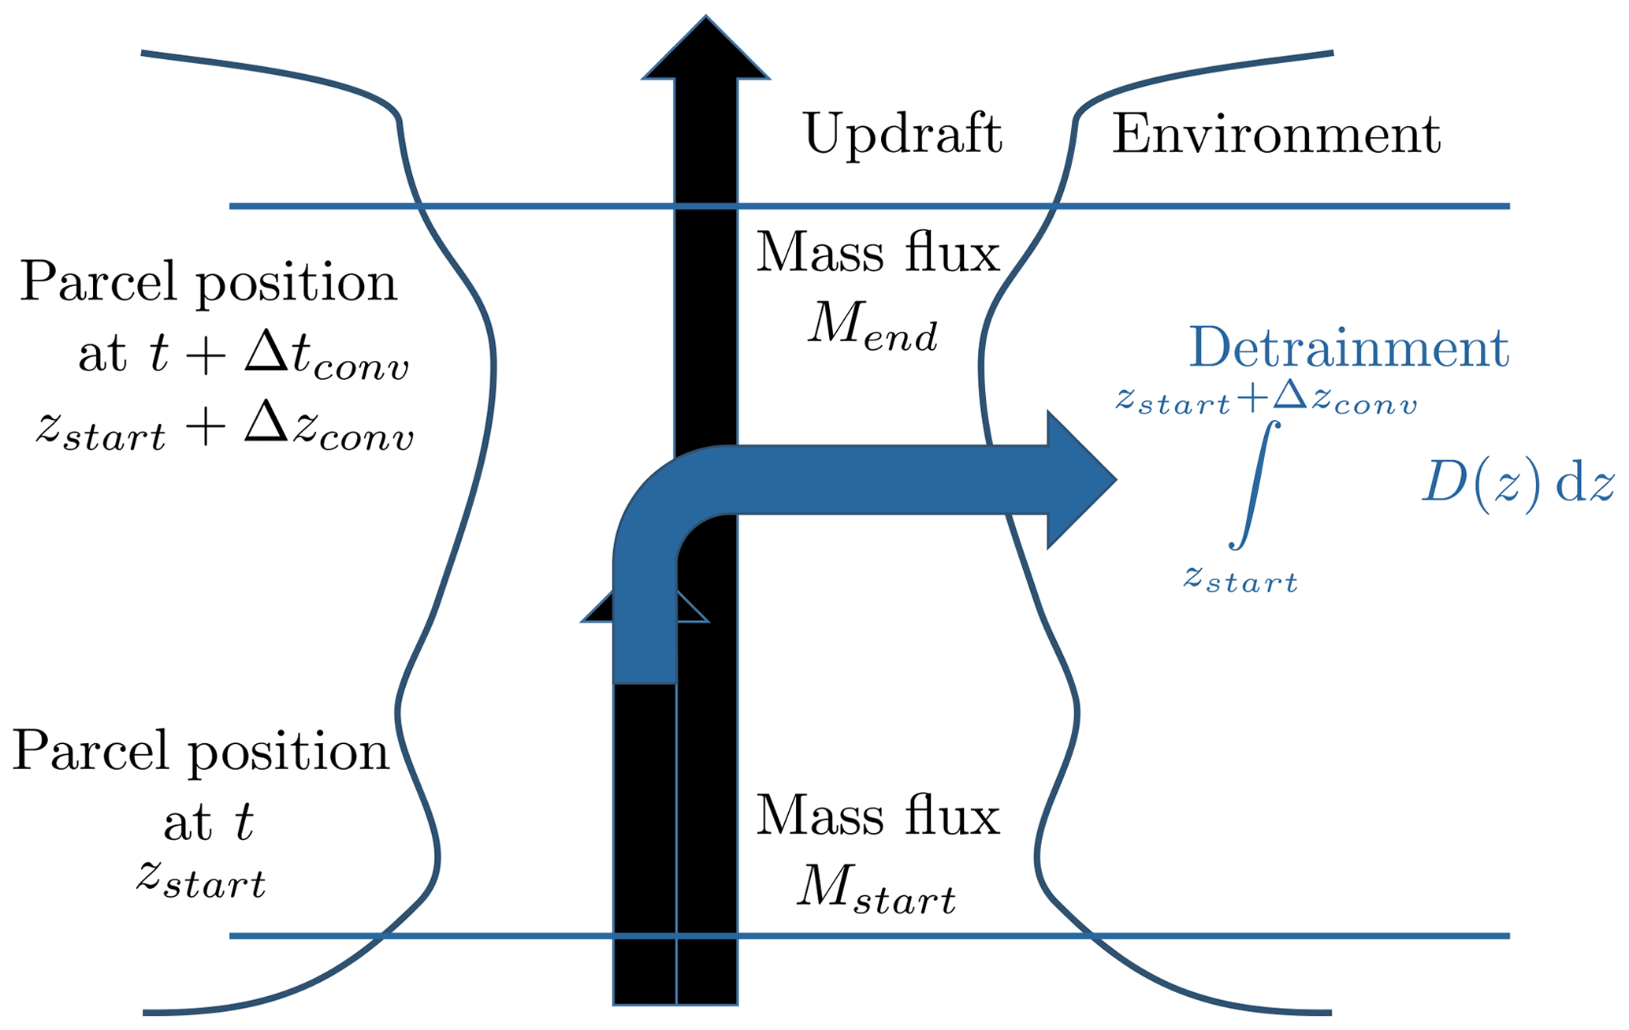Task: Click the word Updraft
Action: point(902,134)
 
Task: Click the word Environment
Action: point(1275,134)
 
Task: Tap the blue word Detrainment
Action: point(1348,348)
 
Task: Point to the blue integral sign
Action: point(1253,485)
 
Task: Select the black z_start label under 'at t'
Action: point(201,879)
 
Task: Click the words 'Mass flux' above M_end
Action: point(877,254)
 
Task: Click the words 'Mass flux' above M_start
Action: point(877,816)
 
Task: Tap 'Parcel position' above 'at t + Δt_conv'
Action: point(208,281)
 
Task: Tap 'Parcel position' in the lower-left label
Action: point(201,751)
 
